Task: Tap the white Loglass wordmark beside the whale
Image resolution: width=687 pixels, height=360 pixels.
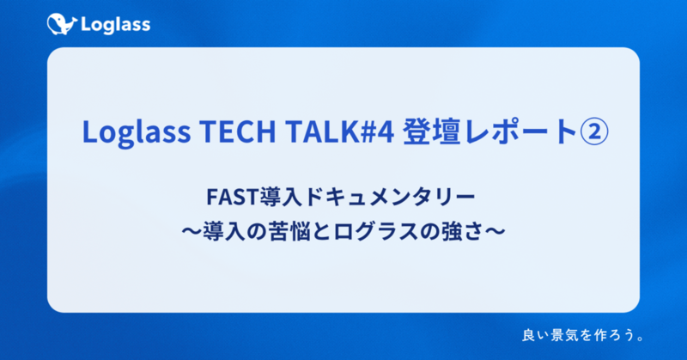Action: (114, 25)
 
